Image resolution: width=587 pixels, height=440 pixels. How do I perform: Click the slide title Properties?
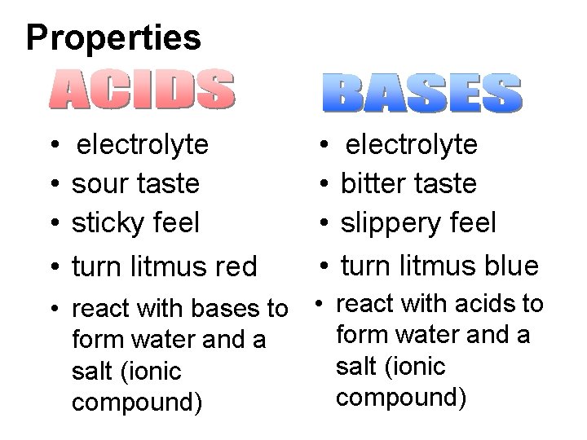point(113,37)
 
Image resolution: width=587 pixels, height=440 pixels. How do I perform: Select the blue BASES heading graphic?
point(421,93)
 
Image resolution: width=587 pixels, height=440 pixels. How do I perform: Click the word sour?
point(97,184)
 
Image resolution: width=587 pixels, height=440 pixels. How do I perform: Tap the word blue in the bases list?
point(510,266)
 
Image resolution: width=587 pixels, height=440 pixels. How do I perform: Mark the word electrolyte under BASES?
point(413,145)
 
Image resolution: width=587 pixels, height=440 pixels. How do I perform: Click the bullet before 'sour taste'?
point(51,185)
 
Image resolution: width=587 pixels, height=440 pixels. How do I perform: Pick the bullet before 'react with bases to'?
point(51,310)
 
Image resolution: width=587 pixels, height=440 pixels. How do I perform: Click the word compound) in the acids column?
point(136,403)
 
